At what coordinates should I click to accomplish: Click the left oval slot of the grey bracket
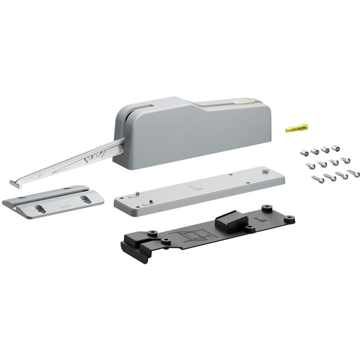pyautogui.click(x=39, y=208)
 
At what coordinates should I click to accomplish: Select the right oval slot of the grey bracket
pyautogui.click(x=85, y=198)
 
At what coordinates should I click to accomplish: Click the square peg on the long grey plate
pyautogui.click(x=265, y=171)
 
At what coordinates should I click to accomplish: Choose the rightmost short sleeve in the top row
pyautogui.click(x=335, y=148)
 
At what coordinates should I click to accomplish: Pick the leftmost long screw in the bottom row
pyautogui.click(x=318, y=180)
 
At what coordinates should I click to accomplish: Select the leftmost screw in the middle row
pyautogui.click(x=310, y=165)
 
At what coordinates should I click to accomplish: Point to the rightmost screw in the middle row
pyautogui.click(x=345, y=160)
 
